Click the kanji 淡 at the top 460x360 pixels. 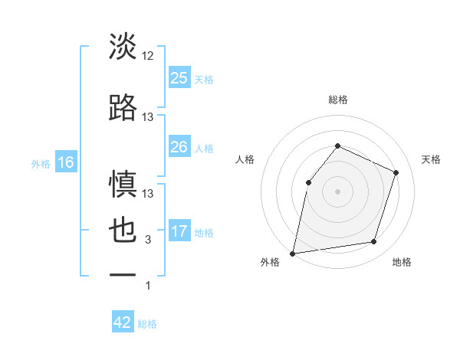[123, 47]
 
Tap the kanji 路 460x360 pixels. [123, 108]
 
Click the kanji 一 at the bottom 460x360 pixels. [123, 274]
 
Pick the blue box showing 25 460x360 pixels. [179, 77]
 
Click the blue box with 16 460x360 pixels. [65, 162]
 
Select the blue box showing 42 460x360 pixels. [123, 322]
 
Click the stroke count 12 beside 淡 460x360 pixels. [148, 55]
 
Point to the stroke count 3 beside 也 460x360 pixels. [148, 241]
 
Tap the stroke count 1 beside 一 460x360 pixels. [148, 286]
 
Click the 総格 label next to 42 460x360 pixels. [147, 324]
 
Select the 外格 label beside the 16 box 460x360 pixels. [41, 163]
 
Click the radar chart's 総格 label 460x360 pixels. [337, 100]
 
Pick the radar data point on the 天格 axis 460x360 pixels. [396, 172]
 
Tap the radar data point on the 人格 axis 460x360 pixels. [308, 182]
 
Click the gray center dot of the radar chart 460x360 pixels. [337, 191]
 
